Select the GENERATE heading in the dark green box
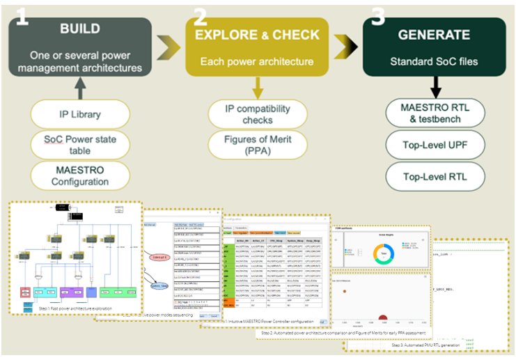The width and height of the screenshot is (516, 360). (433, 34)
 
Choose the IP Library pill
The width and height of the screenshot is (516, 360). (80, 114)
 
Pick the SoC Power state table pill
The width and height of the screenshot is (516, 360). (80, 143)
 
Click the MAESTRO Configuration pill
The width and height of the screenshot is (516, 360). (80, 175)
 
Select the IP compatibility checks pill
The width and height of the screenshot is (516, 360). (258, 114)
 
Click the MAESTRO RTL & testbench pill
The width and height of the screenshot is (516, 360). (435, 114)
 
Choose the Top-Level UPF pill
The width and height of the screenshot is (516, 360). (435, 146)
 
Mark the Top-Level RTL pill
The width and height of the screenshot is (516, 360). (435, 177)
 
